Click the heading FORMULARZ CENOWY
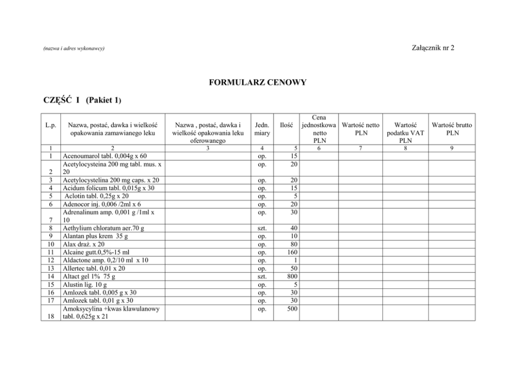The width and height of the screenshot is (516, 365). tap(257, 82)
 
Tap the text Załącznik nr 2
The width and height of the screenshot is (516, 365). tap(432, 48)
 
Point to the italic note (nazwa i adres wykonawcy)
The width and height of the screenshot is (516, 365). tap(73, 48)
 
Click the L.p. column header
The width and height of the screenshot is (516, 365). tap(50, 125)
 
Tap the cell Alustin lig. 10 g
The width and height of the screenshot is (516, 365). tap(85, 284)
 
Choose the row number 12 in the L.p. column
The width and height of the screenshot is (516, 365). tap(50, 260)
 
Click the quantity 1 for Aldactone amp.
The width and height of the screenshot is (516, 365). tap(295, 260)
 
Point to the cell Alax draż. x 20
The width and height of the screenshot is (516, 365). tap(83, 244)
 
